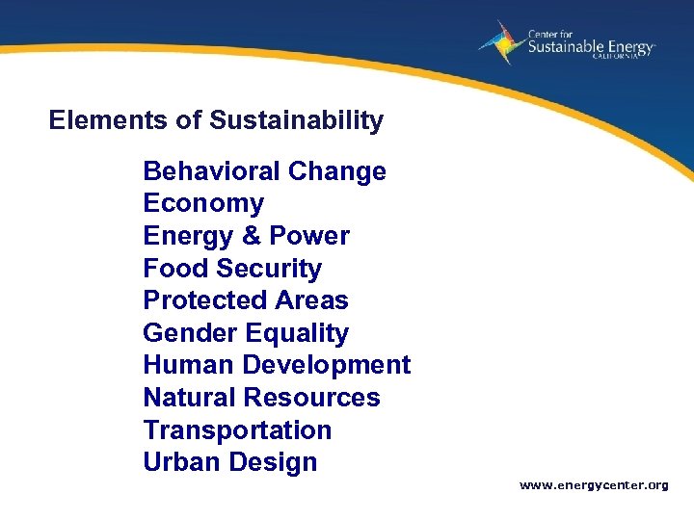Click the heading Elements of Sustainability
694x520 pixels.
coord(216,120)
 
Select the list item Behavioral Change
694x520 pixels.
coord(264,171)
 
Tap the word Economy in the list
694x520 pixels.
coord(202,204)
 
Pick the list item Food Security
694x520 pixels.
coord(231,269)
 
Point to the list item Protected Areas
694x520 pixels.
coord(245,300)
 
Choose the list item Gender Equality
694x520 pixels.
coord(245,333)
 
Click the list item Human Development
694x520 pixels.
coord(276,365)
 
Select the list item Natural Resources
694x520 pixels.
coord(261,398)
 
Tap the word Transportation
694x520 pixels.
coord(237,429)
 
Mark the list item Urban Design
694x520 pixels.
coord(229,462)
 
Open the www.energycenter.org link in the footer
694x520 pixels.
coord(594,485)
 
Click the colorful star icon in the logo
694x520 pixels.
coord(500,42)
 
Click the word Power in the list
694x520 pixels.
coord(309,236)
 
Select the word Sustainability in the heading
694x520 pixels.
coord(296,120)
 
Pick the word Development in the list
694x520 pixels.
coord(327,365)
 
